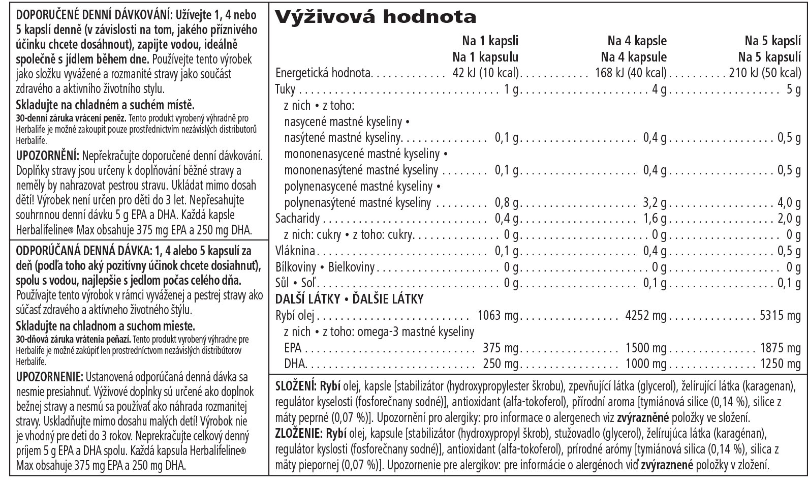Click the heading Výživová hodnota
coord(376,17)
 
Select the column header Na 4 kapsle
coord(637,41)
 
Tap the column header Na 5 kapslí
coord(772,41)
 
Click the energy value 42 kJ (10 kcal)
coord(485,73)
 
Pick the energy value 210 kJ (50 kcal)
coord(765,73)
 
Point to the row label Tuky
coord(285,89)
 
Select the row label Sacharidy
coord(297,219)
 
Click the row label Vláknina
coord(295,251)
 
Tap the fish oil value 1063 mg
coord(498,316)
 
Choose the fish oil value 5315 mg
coord(780,316)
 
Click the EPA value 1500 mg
coord(646,348)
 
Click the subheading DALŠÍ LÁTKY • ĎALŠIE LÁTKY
coord(349,299)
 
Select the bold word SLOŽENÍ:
coord(296,385)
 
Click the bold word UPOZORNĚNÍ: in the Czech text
coord(47,155)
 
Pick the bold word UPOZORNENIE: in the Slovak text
coord(49,377)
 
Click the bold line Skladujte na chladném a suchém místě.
coord(105,106)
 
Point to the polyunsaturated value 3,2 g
coord(655,203)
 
